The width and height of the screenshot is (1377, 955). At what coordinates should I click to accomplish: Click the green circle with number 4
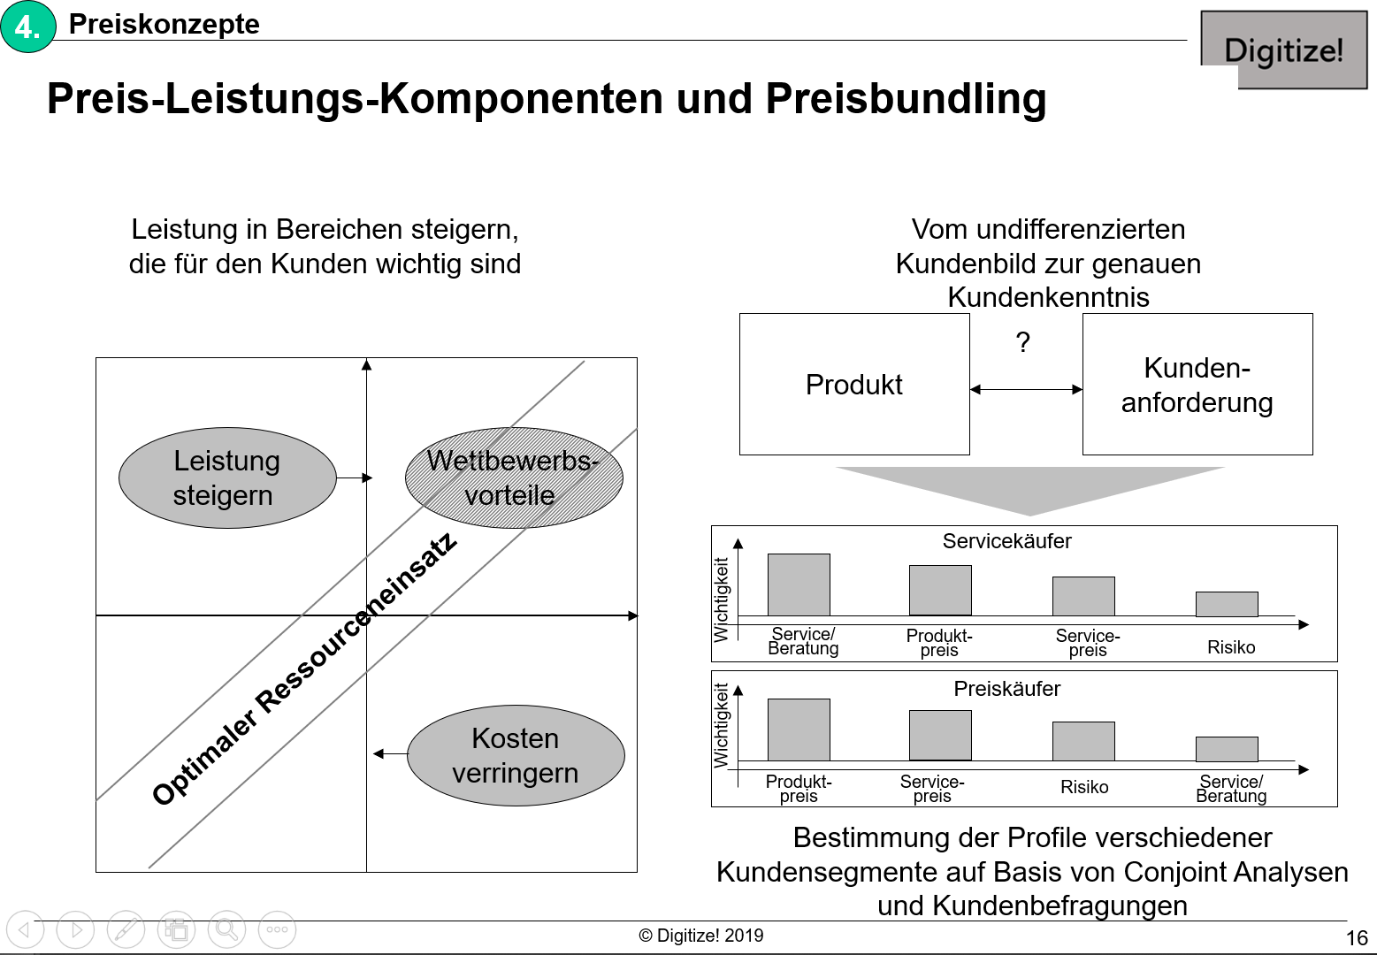pyautogui.click(x=28, y=27)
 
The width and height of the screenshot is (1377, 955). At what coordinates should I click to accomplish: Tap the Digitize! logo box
pyautogui.click(x=1284, y=50)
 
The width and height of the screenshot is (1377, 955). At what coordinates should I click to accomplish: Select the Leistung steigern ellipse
pyautogui.click(x=227, y=477)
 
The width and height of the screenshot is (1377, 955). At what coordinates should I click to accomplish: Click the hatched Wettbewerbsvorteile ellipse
pyautogui.click(x=514, y=477)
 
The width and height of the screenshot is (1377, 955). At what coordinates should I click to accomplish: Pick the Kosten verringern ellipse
pyautogui.click(x=516, y=755)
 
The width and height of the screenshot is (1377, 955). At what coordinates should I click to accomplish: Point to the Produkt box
pyautogui.click(x=854, y=384)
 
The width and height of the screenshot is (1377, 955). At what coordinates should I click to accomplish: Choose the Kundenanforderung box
pyautogui.click(x=1197, y=384)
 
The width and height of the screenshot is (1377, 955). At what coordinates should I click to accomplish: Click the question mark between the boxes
pyautogui.click(x=1023, y=341)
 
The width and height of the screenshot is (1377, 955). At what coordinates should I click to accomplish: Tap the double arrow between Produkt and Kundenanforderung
pyautogui.click(x=1026, y=389)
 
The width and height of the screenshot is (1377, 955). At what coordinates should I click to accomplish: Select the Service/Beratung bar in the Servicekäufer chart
pyautogui.click(x=799, y=584)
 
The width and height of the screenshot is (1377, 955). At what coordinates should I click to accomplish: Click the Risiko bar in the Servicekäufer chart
pyautogui.click(x=1227, y=604)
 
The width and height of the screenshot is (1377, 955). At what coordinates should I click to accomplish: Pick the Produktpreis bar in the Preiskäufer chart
pyautogui.click(x=799, y=730)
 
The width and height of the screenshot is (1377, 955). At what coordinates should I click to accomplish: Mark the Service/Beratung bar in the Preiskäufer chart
pyautogui.click(x=1227, y=749)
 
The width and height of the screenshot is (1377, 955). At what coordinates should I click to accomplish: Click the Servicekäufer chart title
pyautogui.click(x=1007, y=541)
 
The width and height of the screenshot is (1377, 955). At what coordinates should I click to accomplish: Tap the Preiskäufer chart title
pyautogui.click(x=1007, y=688)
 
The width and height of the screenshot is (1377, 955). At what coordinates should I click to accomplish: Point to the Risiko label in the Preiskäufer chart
pyautogui.click(x=1084, y=787)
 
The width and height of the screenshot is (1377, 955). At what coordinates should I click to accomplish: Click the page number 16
pyautogui.click(x=1357, y=938)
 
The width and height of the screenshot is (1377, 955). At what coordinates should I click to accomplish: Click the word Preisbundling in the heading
pyautogui.click(x=906, y=98)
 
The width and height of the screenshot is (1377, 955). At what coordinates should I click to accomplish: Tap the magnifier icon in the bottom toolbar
pyautogui.click(x=226, y=930)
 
